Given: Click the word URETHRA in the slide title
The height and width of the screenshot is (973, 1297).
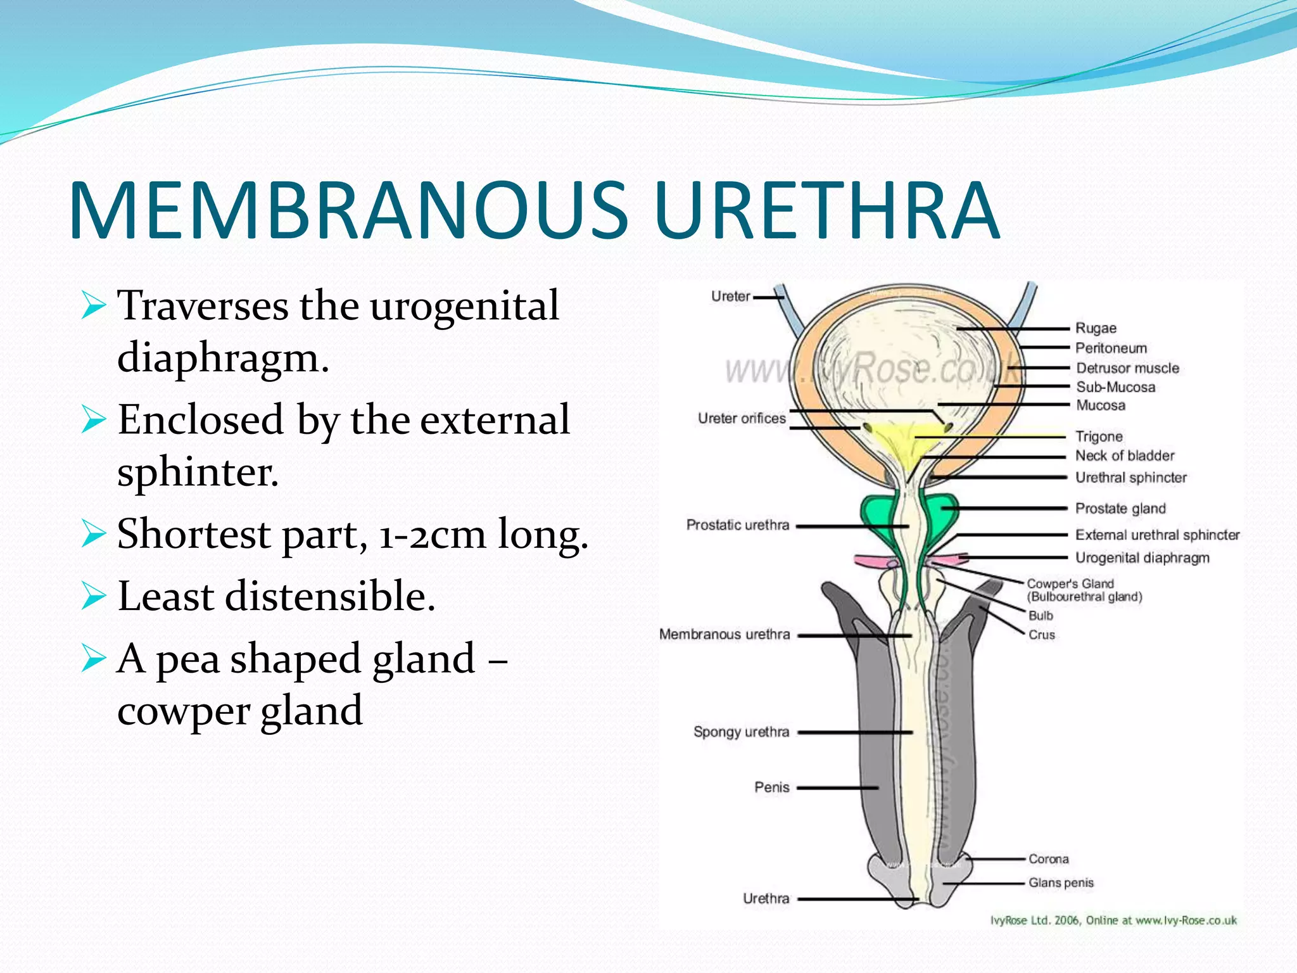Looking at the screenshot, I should (x=826, y=210).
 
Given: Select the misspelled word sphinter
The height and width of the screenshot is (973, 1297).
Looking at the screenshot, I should (x=198, y=472).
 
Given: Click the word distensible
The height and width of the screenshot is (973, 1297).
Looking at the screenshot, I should (x=330, y=597).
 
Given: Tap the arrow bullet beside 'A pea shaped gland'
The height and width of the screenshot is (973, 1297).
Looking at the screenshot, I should (x=93, y=659).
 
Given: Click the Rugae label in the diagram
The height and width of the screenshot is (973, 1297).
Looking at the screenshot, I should (x=1096, y=328).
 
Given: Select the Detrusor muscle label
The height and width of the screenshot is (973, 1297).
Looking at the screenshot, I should (x=1127, y=368).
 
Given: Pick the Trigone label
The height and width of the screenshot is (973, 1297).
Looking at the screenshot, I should (x=1099, y=436).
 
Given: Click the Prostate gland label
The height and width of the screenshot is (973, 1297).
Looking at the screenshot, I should (x=1120, y=508).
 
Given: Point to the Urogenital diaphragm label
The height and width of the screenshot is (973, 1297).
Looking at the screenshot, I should (x=1142, y=557).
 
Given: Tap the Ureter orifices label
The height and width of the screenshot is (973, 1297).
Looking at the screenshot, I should (x=742, y=418).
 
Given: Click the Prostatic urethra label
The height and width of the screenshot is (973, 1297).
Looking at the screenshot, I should (x=738, y=525).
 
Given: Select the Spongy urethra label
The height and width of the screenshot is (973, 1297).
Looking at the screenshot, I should (x=741, y=732).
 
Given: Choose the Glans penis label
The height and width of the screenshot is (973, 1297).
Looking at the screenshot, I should (x=1061, y=882).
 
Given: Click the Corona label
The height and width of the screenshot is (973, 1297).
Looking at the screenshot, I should (x=1048, y=859).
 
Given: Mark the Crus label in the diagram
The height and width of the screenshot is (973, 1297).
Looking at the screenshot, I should (x=1042, y=635).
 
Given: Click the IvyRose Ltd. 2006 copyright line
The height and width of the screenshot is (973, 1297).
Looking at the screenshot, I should (x=1113, y=920).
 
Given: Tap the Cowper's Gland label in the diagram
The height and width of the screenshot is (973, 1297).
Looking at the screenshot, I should (x=1070, y=583).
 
